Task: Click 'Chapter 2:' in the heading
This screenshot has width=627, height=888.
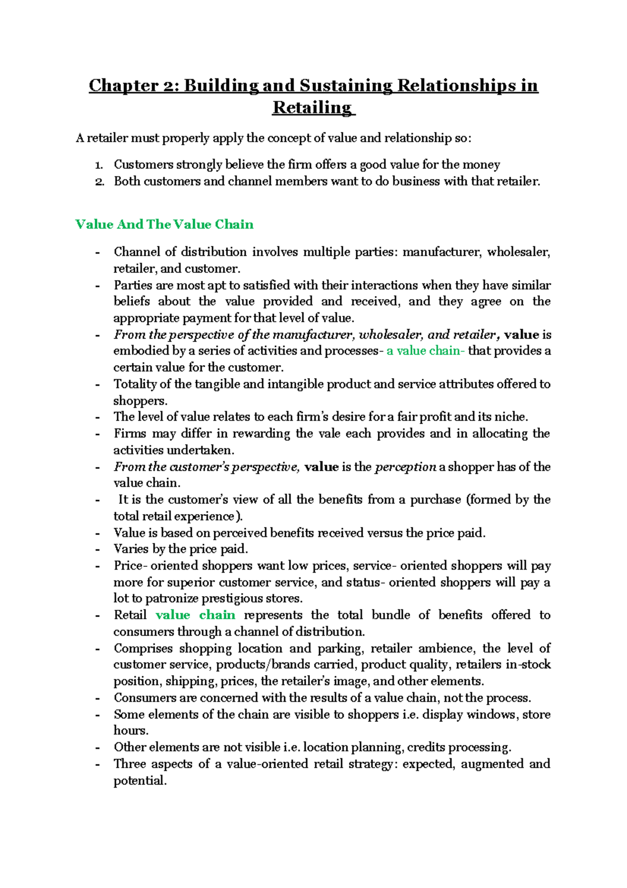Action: tap(133, 85)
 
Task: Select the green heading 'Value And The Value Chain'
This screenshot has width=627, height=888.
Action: tap(164, 224)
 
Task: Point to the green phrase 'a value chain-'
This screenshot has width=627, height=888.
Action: tap(425, 351)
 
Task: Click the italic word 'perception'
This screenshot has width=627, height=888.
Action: tap(405, 467)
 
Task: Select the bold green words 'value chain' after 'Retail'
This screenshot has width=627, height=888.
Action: tap(195, 615)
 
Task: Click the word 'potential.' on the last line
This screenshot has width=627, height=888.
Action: tap(140, 781)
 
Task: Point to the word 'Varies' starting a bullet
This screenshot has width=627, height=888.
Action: tap(131, 549)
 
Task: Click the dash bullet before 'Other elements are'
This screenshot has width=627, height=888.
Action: tap(97, 748)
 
